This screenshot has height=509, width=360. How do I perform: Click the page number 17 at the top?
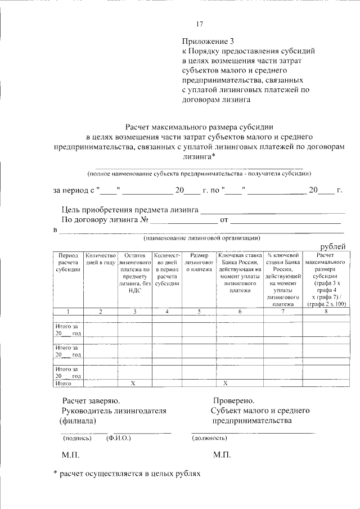[199, 24]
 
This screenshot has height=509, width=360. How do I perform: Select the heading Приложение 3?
[207, 41]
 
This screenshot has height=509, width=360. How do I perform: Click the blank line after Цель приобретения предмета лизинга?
[273, 210]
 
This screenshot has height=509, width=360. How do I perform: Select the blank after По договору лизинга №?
[184, 220]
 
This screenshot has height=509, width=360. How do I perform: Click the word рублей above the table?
[333, 247]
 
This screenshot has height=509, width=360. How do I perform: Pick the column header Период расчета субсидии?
[68, 262]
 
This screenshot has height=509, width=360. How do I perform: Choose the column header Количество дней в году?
[101, 259]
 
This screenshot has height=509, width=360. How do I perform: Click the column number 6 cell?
[240, 311]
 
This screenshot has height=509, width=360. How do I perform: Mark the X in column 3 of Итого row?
[134, 383]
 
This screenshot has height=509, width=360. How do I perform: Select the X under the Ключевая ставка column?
[224, 383]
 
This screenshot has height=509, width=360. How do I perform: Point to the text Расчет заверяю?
[90, 401]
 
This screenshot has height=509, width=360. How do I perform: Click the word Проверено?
[233, 401]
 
